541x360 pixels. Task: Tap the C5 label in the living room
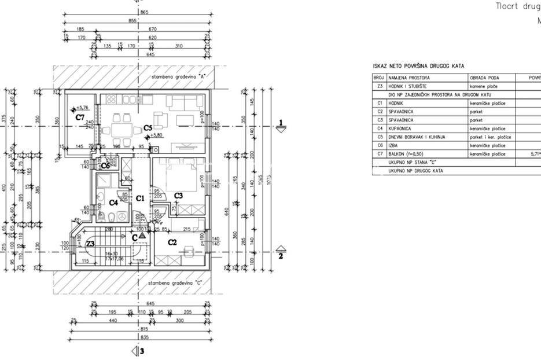[148, 127]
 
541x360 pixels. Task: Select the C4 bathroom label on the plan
[113, 203]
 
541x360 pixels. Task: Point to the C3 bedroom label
[179, 196]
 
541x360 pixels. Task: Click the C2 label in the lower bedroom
[172, 242]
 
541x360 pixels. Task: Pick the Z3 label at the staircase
[90, 244]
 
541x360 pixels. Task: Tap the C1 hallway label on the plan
[139, 199]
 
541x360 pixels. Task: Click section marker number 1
[281, 122]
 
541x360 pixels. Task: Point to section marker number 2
[281, 256]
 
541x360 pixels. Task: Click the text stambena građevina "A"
[179, 76]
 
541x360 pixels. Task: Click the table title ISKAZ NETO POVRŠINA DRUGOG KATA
[418, 67]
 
